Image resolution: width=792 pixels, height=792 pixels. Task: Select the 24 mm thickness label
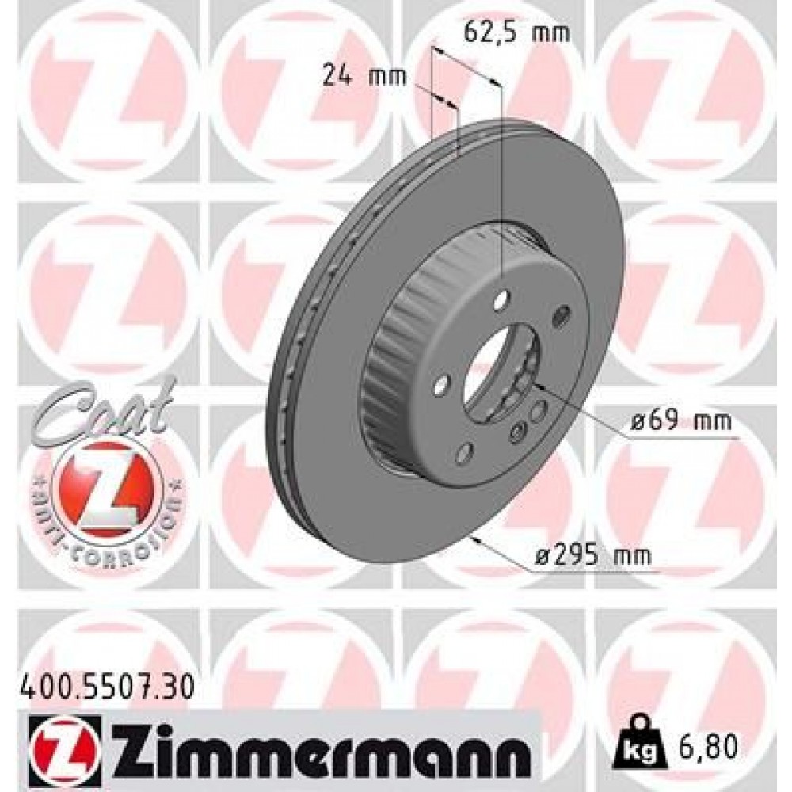364,76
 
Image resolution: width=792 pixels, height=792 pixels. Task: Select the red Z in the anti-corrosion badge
99,484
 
